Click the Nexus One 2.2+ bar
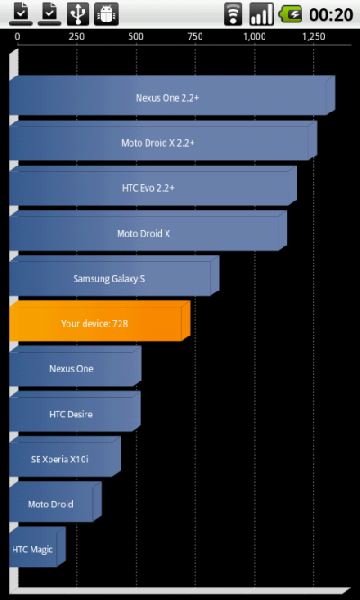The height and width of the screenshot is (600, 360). coord(172,95)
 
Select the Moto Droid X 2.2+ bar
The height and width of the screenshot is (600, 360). coord(163,140)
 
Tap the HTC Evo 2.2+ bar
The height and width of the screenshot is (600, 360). coord(153,185)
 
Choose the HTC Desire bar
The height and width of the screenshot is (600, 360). coord(75,411)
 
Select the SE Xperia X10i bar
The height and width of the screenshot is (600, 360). coord(65,456)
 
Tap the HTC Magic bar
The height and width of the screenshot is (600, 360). coord(37,547)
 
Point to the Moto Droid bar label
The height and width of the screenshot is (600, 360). coord(50,505)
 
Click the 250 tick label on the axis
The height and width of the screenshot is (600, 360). coord(76,37)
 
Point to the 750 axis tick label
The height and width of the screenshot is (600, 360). coord(195,37)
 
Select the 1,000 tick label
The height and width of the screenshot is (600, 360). coord(255,37)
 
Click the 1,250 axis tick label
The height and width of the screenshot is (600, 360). coord(314,37)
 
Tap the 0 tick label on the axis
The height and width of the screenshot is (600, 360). coord(18,37)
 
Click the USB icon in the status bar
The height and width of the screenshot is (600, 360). coord(77,13)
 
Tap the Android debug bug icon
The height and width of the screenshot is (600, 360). coord(106,13)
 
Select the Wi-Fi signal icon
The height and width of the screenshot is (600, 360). coord(233,15)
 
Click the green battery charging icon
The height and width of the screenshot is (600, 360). coord(291,15)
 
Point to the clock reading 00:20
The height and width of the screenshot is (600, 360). coord(331,15)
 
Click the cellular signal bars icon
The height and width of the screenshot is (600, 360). coord(262,14)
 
